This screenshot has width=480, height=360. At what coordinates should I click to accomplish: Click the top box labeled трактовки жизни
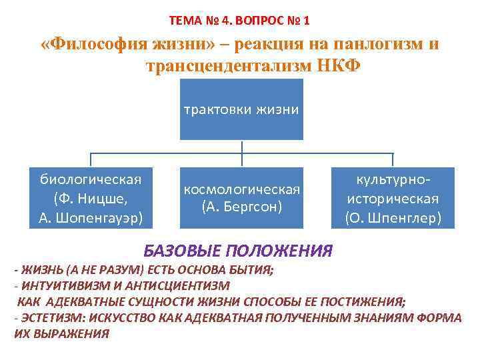pos(241,109)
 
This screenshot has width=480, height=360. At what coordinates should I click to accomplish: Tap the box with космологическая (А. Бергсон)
pos(242,198)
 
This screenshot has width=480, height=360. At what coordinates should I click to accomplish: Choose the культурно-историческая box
pos(393,198)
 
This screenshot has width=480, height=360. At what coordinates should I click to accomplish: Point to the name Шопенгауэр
pos(97,217)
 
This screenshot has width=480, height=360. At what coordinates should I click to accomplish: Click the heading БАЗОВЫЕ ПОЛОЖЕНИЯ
pos(238,251)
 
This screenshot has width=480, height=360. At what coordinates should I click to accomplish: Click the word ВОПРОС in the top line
pos(252,21)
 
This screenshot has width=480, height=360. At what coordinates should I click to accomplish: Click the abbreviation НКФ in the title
pos(338,67)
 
